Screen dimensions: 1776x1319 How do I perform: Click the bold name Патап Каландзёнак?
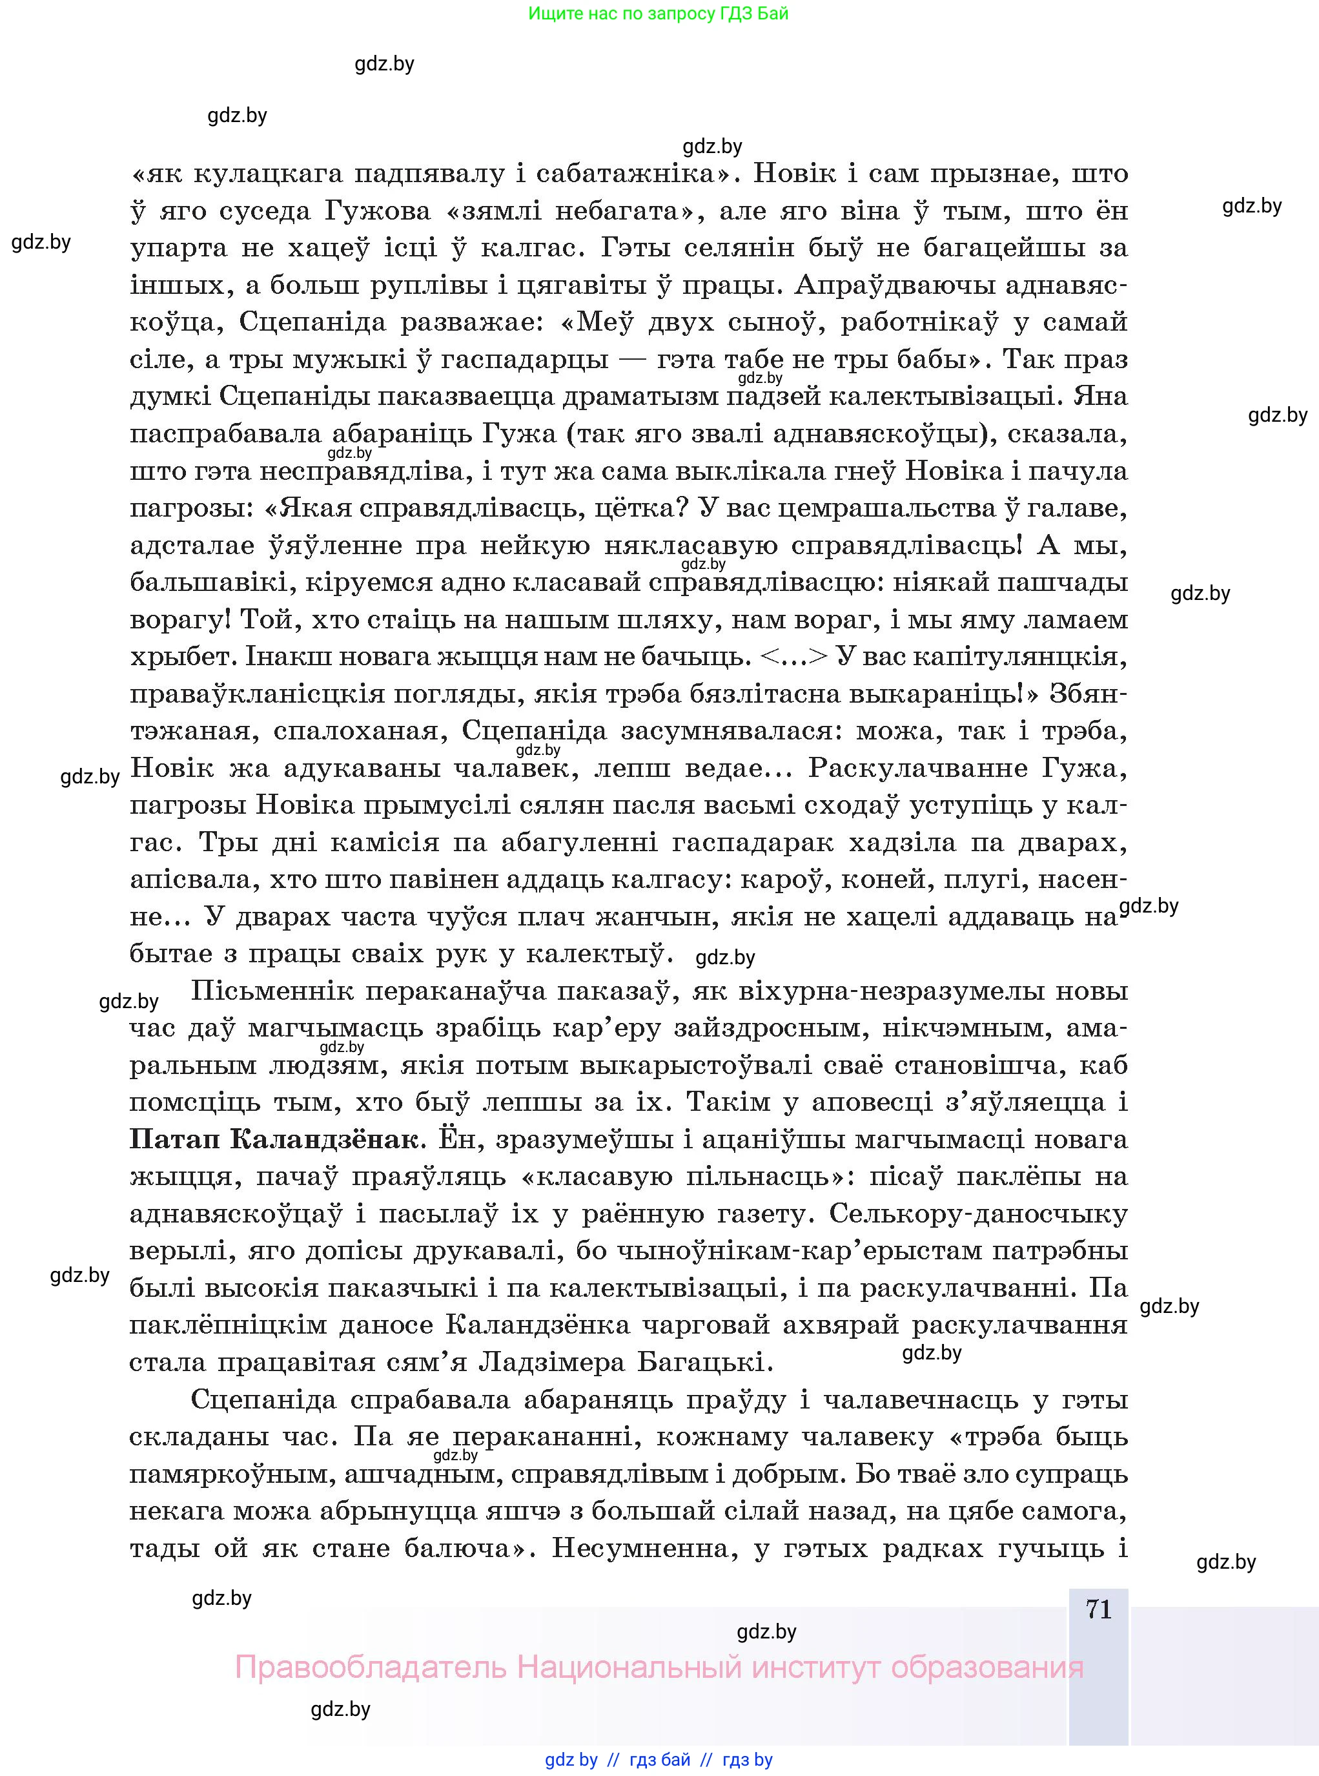pyautogui.click(x=273, y=1139)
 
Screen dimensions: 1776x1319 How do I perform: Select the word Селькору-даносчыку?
pyautogui.click(x=978, y=1213)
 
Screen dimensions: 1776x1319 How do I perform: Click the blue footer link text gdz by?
pyautogui.click(x=571, y=1759)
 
